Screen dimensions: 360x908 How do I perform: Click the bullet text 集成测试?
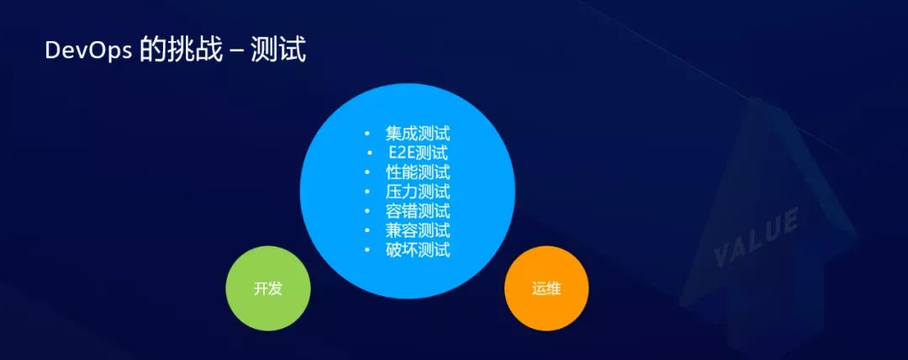[418, 134]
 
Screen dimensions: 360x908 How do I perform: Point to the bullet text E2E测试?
[418, 153]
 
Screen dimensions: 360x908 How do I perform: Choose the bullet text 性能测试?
[418, 172]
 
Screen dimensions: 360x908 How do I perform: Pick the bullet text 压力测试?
[418, 192]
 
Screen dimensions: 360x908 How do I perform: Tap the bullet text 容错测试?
[418, 211]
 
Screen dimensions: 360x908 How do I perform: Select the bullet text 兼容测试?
[418, 230]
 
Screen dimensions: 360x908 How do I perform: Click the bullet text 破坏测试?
[418, 250]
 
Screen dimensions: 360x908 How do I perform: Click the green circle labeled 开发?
[268, 289]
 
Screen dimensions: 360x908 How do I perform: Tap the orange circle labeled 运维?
[546, 289]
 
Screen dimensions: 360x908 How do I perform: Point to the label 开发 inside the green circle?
[268, 289]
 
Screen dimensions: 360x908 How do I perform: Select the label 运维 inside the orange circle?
[546, 289]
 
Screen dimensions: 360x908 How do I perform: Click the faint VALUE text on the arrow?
[756, 240]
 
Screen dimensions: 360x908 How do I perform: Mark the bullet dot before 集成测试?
[367, 135]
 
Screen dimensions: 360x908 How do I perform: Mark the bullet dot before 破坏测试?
[367, 251]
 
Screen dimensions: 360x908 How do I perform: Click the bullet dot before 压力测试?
[367, 193]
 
